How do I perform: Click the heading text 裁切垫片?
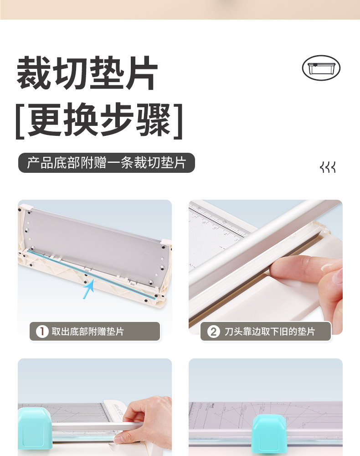point(87,73)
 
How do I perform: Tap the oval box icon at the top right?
point(321,68)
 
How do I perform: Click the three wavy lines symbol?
point(328,167)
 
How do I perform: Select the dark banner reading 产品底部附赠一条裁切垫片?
point(106,163)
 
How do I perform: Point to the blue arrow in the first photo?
point(88,289)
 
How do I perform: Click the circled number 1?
point(42,331)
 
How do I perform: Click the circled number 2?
point(213,332)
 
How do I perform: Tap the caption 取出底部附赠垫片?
point(88,332)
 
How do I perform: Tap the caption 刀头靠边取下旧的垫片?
point(270,332)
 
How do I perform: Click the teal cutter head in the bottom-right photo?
point(268,435)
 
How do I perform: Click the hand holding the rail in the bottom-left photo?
point(145,419)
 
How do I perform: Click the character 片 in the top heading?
point(142,73)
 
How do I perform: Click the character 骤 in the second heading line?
point(154,120)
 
